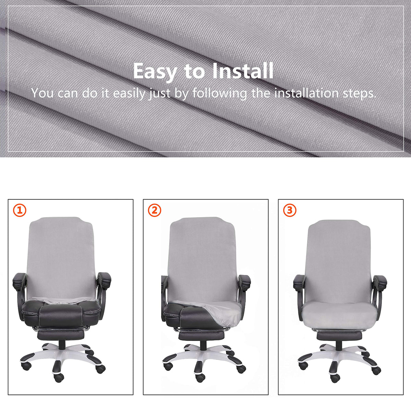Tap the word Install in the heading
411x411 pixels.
(243, 71)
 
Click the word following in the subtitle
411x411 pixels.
(220, 94)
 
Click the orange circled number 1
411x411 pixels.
(20, 211)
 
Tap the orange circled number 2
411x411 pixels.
(154, 211)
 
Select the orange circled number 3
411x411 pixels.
(290, 211)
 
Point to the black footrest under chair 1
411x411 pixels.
(61, 336)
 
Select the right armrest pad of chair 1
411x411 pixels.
(104, 280)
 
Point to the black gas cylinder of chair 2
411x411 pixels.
(203, 345)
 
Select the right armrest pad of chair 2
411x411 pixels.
(245, 282)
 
